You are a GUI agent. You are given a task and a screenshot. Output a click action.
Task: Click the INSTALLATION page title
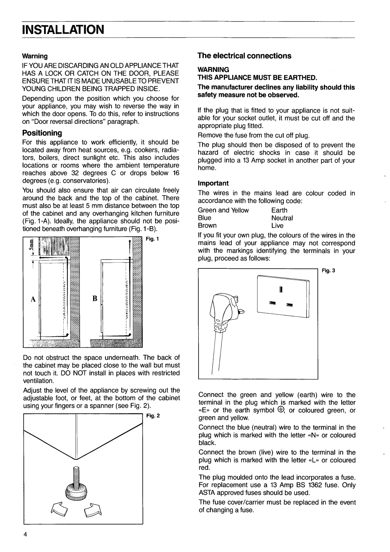coord(64,29)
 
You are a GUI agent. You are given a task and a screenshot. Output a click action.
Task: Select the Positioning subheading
coord(42,133)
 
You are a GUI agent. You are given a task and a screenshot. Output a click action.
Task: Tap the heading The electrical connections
coord(244,56)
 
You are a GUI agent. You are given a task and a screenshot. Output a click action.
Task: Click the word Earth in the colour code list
coord(279,210)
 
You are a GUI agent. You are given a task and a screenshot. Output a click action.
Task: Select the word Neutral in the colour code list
coord(282,218)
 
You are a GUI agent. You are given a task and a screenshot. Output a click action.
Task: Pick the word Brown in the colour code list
coord(207,225)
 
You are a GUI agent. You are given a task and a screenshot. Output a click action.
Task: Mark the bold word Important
coord(213,183)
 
